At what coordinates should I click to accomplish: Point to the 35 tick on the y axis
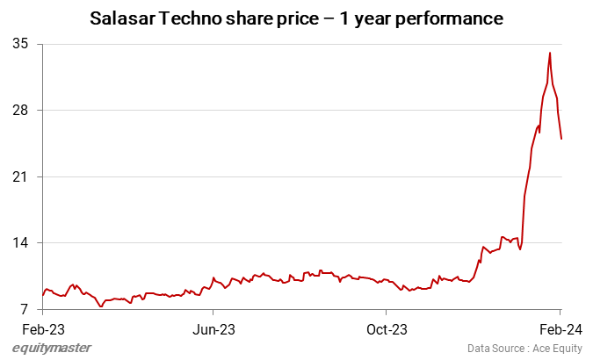click(19, 44)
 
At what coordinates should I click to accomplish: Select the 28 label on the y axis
click(19, 111)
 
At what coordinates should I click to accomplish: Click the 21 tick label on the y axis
click(19, 176)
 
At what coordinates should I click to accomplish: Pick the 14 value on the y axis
click(19, 243)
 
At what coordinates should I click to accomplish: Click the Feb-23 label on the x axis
click(42, 330)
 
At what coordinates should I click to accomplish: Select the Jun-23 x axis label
click(213, 330)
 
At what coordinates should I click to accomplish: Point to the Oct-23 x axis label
click(387, 330)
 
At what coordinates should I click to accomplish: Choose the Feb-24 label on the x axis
click(559, 330)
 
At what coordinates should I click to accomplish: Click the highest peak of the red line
click(550, 53)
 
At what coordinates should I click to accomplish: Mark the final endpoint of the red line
click(561, 138)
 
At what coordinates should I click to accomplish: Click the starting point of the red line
click(42, 295)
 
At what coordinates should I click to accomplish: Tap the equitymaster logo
click(52, 348)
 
